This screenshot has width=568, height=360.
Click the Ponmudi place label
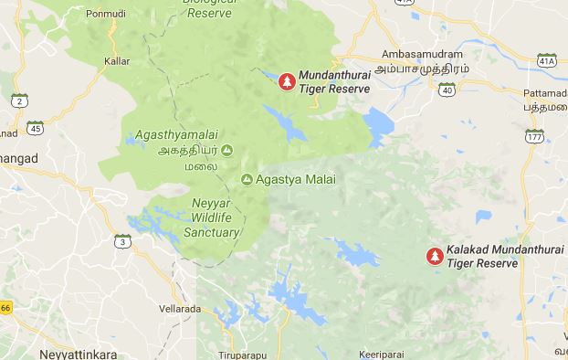[x=105, y=15]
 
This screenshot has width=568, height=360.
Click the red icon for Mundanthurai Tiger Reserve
[x=287, y=82]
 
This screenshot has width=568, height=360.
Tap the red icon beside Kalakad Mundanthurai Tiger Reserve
[x=437, y=256]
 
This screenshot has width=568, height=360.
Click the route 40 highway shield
[x=446, y=90]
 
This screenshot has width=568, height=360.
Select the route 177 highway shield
[x=533, y=136]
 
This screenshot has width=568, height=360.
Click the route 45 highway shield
[x=35, y=127]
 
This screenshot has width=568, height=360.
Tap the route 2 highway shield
[x=19, y=100]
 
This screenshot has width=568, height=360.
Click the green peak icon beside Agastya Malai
[x=247, y=179]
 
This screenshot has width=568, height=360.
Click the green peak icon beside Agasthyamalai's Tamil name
[x=226, y=150]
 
